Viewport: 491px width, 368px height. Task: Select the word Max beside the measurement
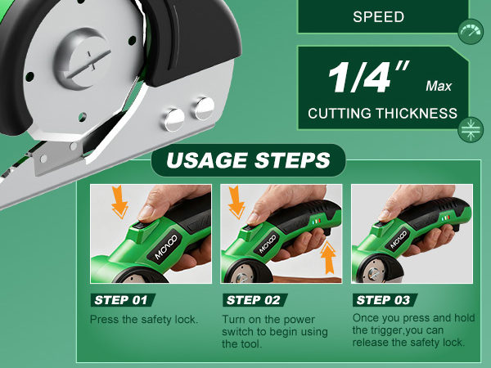pos(439,85)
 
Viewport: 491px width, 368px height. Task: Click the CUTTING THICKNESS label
pos(382,114)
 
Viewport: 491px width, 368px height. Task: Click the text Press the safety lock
pos(144,319)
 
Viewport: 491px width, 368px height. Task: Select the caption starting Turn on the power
pos(275,331)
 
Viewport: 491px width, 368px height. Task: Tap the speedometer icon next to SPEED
pos(470,32)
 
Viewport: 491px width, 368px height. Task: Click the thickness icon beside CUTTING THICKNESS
pos(470,128)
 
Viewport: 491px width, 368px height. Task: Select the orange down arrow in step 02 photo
pos(237,201)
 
